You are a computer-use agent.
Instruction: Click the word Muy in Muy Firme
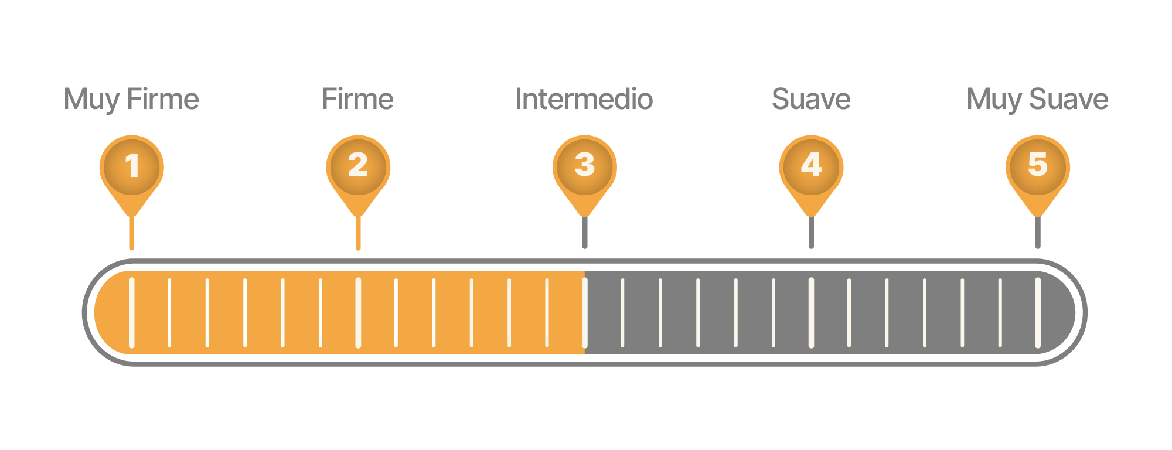coord(91,100)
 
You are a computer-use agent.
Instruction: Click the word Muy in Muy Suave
coord(994,100)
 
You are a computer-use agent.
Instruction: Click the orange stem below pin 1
coord(132,233)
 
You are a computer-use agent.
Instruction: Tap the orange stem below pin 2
coord(358,233)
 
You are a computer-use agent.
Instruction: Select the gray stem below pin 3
coord(585,233)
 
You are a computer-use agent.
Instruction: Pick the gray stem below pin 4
coord(811,233)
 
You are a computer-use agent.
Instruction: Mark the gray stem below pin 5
coord(1038,233)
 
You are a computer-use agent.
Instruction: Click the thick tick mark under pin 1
coord(132,312)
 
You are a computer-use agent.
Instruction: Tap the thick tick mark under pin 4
coord(811,312)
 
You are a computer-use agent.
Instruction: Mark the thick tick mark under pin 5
coord(1038,312)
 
